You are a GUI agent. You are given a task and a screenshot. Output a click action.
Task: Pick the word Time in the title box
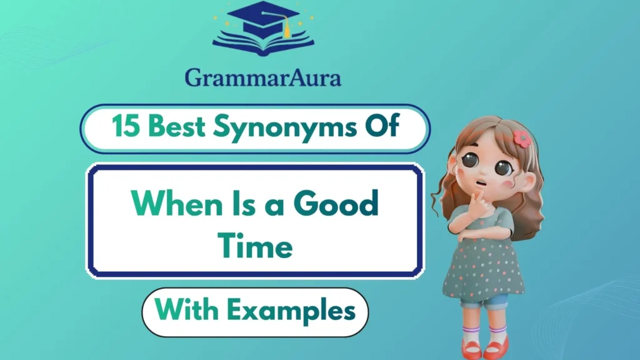click(256, 245)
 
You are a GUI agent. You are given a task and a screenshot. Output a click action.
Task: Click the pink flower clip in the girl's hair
click(522, 139)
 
